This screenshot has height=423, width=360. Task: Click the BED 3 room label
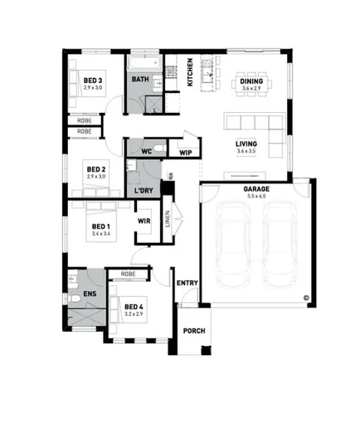click(x=92, y=80)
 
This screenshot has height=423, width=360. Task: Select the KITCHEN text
click(x=190, y=71)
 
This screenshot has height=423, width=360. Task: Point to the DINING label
click(x=251, y=80)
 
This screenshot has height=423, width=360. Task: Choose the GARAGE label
click(x=255, y=189)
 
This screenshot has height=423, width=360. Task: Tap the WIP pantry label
click(x=186, y=153)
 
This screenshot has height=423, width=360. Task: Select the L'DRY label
click(x=144, y=192)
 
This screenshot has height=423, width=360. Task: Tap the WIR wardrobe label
click(x=144, y=221)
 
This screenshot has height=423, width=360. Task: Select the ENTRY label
click(x=187, y=284)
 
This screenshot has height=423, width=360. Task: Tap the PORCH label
click(x=194, y=332)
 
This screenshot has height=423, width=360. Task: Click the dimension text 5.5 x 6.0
click(x=255, y=197)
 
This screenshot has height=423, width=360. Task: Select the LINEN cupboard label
click(x=168, y=220)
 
